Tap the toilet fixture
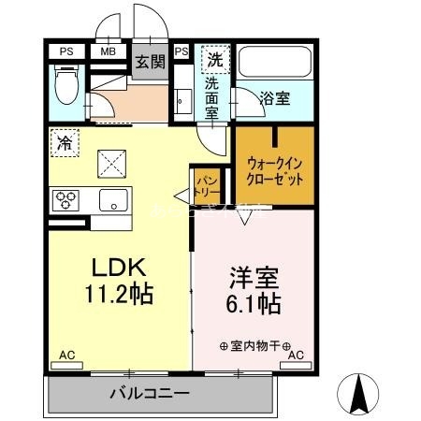(67, 88)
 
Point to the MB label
(109, 51)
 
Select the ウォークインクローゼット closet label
(274, 170)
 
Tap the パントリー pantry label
(206, 181)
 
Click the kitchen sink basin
(114, 198)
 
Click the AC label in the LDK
(66, 356)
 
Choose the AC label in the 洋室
(296, 356)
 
